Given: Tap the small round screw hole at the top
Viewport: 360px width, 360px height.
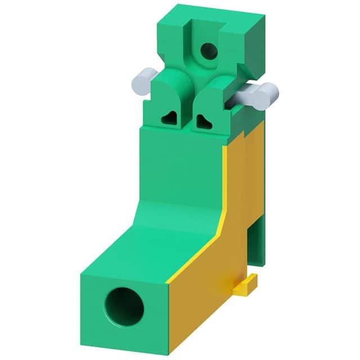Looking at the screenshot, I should (x=209, y=51).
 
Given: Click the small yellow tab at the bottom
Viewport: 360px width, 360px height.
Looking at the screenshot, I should (x=246, y=287).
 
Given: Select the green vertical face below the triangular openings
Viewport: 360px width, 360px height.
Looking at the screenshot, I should (x=180, y=163).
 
